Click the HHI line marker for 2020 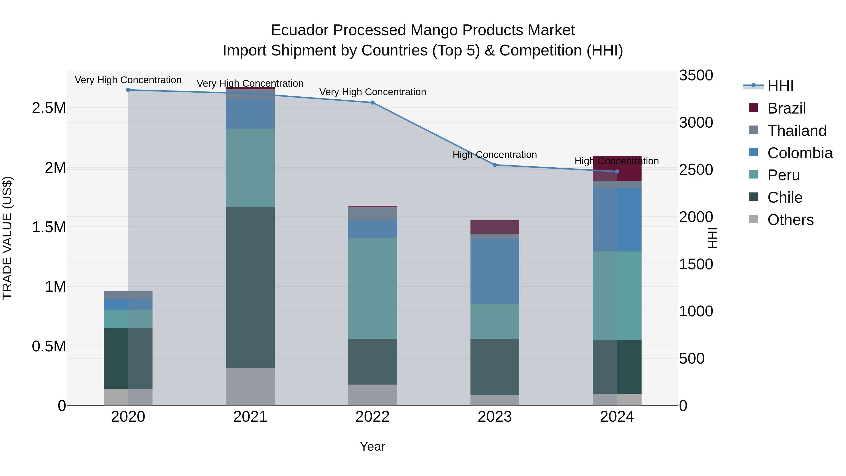click(128, 90)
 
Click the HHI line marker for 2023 click(495, 165)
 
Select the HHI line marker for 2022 click(372, 102)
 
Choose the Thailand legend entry click(796, 131)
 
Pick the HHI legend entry click(780, 86)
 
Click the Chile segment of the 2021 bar click(250, 287)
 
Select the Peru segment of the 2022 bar click(372, 288)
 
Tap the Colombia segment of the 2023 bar click(495, 271)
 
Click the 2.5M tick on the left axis click(49, 108)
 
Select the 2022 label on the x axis click(372, 417)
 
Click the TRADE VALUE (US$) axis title click(7, 238)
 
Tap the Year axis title click(372, 446)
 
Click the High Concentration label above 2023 click(495, 154)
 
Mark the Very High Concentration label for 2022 click(372, 92)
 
